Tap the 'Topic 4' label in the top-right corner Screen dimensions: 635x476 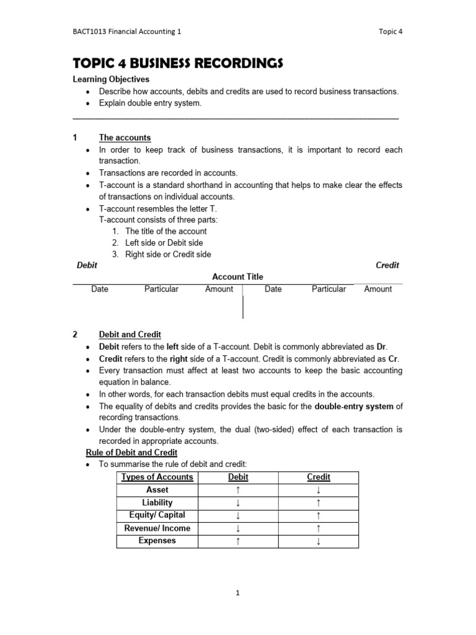click(390, 32)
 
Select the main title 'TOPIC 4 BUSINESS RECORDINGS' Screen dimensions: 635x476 click(178, 63)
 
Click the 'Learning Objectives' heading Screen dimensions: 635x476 click(111, 79)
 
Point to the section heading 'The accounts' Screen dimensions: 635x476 click(125, 138)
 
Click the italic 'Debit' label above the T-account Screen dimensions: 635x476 click(87, 265)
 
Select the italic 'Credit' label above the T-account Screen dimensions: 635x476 click(387, 265)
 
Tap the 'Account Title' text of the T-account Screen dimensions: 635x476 click(237, 277)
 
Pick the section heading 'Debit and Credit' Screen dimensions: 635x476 click(130, 334)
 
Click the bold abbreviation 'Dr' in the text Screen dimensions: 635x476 click(382, 347)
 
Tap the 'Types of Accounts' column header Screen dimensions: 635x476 click(157, 477)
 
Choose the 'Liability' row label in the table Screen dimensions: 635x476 click(157, 502)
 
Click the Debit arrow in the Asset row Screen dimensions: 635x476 click(238, 490)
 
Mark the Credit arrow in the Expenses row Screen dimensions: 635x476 click(319, 541)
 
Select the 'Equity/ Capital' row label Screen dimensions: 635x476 click(157, 515)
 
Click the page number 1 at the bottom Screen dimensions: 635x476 click(237, 593)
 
